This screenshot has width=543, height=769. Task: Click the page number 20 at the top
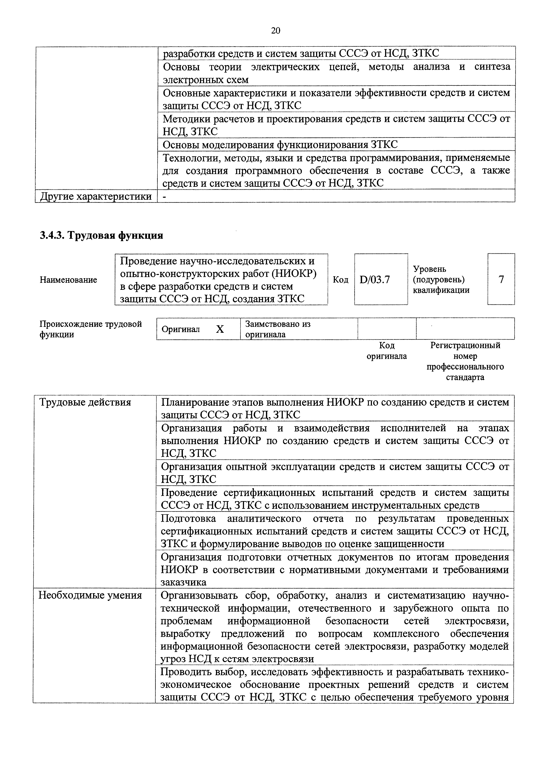coord(275,31)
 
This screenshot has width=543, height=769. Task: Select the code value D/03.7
coord(375,279)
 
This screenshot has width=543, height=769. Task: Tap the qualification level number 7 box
coord(501,279)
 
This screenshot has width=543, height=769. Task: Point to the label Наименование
coord(68,280)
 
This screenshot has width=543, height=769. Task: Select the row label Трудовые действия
coord(85,402)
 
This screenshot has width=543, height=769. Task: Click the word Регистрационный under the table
coord(465,345)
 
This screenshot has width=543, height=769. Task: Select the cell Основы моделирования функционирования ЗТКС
coord(280,144)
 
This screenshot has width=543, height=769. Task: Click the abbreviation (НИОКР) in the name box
coord(294,274)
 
